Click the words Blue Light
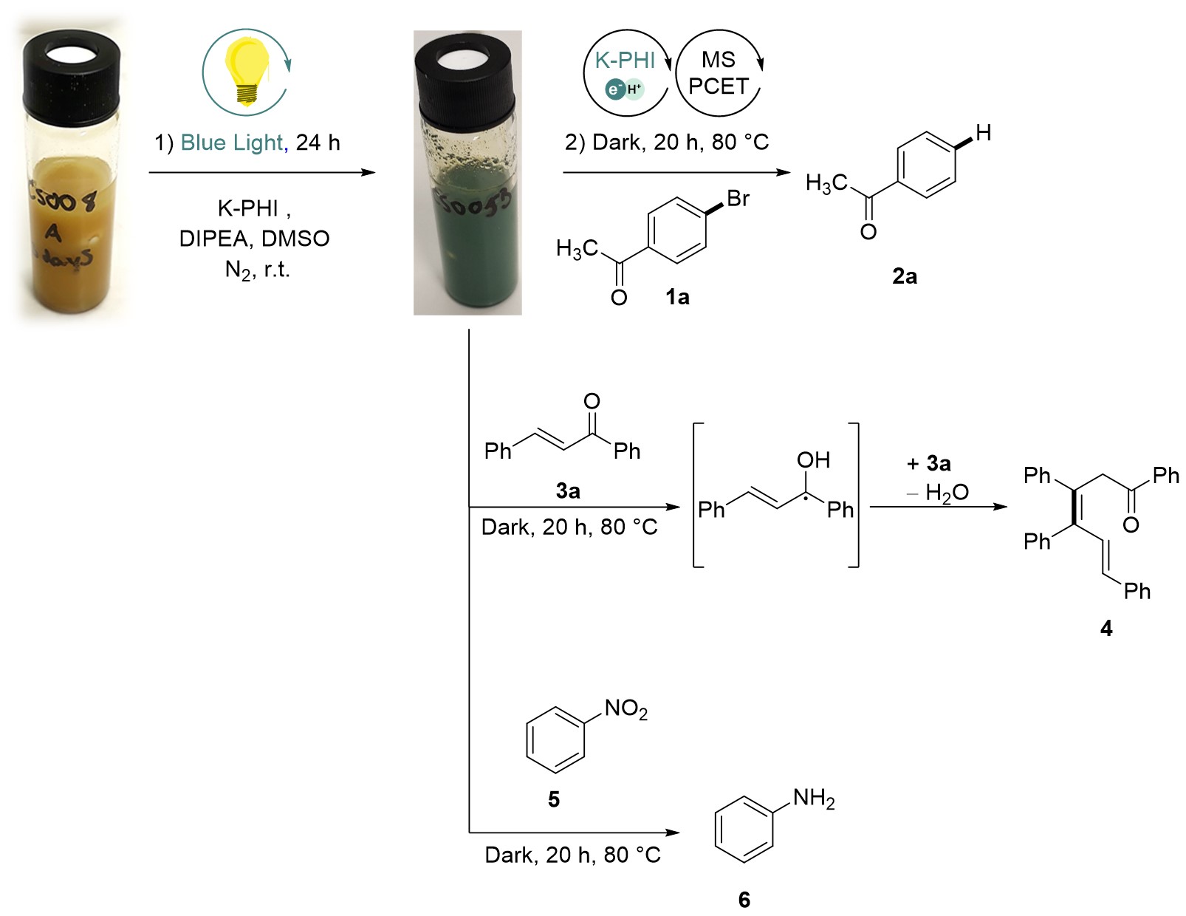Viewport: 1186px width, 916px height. click(x=232, y=143)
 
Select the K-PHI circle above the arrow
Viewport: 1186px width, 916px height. click(x=626, y=72)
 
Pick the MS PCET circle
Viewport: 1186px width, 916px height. click(x=719, y=72)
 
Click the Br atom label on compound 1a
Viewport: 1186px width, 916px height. click(x=738, y=199)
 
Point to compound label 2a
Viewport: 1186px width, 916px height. click(x=904, y=276)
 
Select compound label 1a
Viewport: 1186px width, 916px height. click(x=677, y=297)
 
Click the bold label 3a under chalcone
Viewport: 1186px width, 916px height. click(x=568, y=491)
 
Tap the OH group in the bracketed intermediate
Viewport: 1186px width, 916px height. click(x=813, y=460)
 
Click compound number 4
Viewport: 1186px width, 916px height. click(x=1106, y=628)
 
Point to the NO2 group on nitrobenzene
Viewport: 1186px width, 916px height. click(x=625, y=709)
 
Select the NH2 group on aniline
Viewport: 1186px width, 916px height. click(x=814, y=799)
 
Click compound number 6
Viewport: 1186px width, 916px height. click(x=744, y=899)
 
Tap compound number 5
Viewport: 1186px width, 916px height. click(x=554, y=799)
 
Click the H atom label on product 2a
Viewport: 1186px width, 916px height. click(x=983, y=133)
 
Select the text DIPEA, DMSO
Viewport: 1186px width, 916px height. click(x=254, y=239)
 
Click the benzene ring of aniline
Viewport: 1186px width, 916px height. click(x=744, y=830)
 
